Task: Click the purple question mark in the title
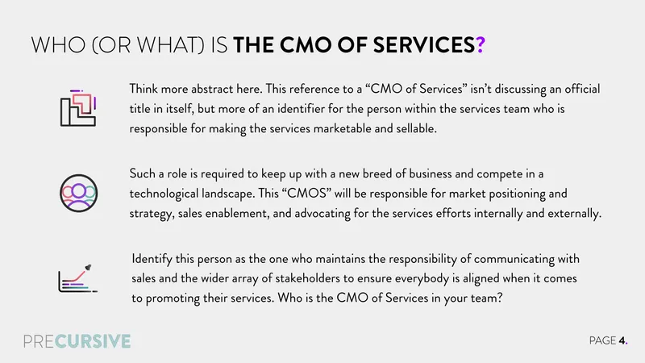click(481, 44)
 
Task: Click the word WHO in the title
click(58, 44)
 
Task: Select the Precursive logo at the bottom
click(77, 341)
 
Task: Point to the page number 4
click(622, 340)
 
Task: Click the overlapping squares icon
click(78, 108)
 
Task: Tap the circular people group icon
click(78, 193)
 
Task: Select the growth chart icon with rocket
click(77, 278)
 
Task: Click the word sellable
click(416, 128)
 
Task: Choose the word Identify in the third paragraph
click(152, 259)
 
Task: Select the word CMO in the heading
click(306, 44)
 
